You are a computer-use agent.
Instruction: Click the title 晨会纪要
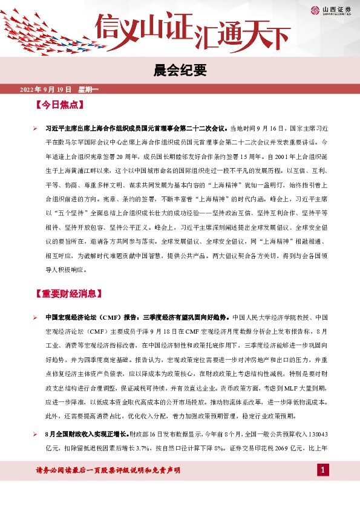click(x=180, y=71)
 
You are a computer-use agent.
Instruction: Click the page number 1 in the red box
click(x=322, y=470)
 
